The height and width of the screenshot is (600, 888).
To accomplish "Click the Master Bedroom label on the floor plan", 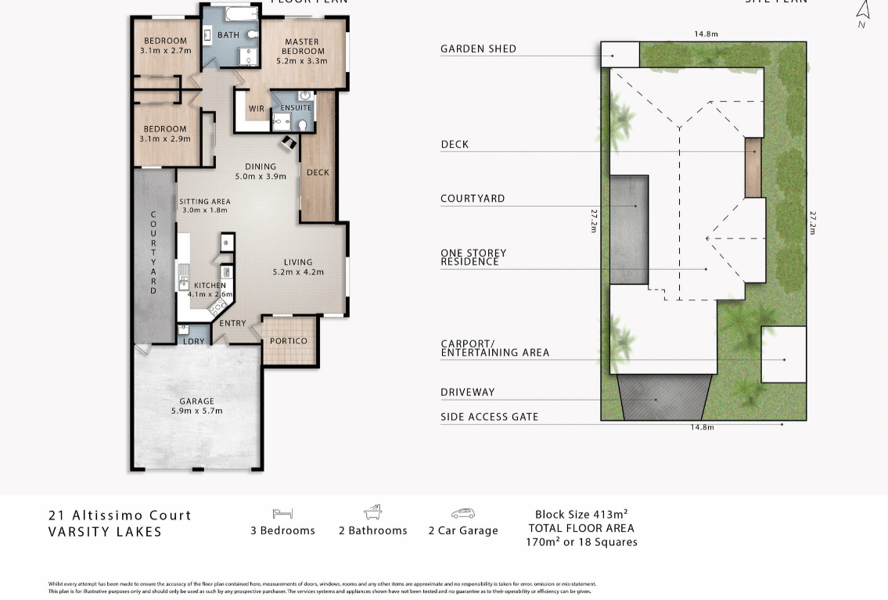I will click(301, 46).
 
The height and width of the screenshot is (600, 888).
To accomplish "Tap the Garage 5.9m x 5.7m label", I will click(196, 406).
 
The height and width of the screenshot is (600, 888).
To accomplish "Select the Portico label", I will click(288, 341).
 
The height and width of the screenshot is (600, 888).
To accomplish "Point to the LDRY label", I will click(193, 341).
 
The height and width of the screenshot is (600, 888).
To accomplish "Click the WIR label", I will click(256, 109).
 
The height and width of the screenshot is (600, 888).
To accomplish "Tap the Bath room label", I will click(228, 35).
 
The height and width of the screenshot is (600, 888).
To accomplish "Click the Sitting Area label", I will click(204, 206).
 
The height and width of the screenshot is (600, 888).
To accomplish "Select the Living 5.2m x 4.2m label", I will click(297, 267).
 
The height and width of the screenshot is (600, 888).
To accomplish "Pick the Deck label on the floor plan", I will click(318, 172).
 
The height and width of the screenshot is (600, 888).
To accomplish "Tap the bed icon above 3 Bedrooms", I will click(282, 513).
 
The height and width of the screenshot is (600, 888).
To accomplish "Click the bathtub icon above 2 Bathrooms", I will click(373, 512).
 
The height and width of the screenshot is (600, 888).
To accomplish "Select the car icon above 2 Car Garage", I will click(463, 513).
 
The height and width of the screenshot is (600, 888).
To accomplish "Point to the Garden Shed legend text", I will click(478, 49).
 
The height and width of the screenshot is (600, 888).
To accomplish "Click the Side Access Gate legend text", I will click(489, 417).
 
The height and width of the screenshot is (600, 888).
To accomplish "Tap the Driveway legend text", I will click(467, 392).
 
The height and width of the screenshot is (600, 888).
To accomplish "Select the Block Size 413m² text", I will click(581, 515).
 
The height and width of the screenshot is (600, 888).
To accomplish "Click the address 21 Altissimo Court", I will click(120, 516).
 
